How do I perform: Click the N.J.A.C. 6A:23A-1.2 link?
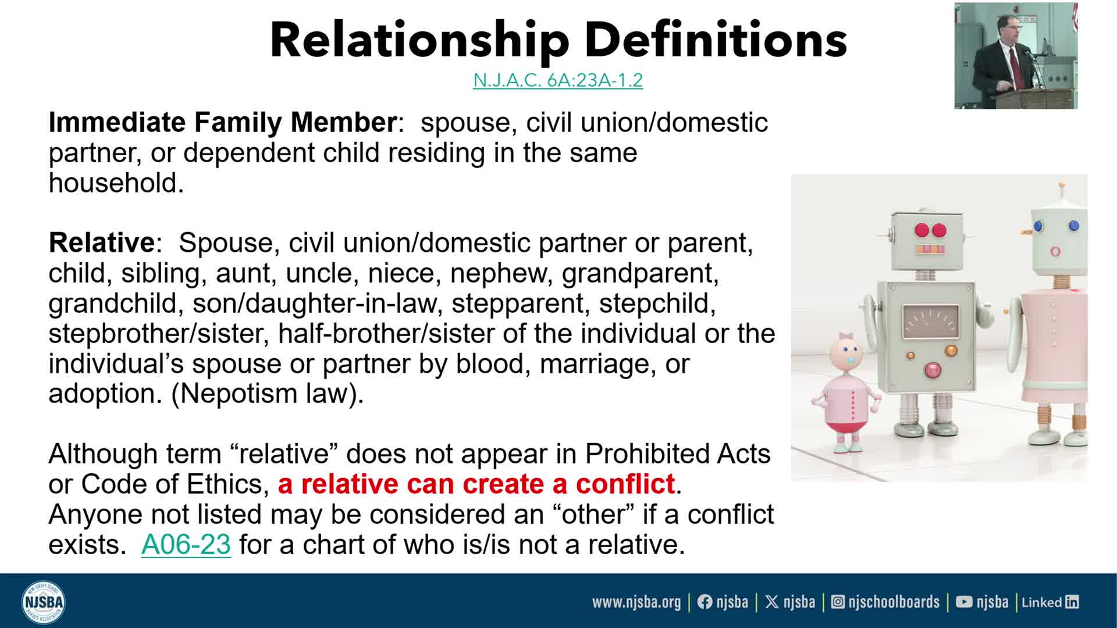click(558, 80)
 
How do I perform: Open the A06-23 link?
click(186, 544)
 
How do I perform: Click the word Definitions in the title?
click(716, 40)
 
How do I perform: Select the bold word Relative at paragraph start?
click(101, 242)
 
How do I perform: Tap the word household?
click(116, 183)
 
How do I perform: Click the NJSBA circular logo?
click(43, 601)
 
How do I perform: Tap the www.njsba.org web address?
click(636, 602)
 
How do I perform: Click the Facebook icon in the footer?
click(705, 602)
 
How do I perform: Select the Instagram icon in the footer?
click(838, 602)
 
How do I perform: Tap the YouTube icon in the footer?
click(964, 602)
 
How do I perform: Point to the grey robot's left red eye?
click(922, 230)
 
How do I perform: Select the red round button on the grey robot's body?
click(933, 370)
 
